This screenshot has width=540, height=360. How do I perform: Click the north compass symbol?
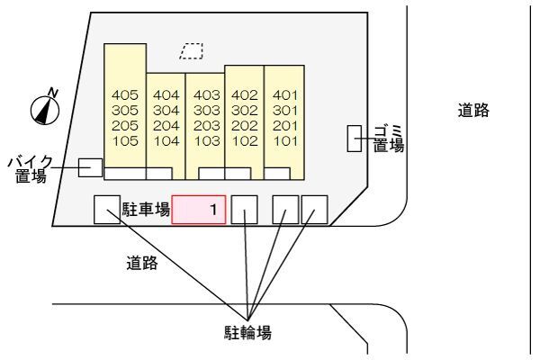[45, 108]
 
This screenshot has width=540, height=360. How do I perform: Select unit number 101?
[285, 140]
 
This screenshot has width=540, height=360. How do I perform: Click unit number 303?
[207, 110]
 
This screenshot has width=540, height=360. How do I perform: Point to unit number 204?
[166, 125]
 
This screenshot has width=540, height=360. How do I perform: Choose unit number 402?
[245, 94]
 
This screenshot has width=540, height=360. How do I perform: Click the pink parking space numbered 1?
[199, 211]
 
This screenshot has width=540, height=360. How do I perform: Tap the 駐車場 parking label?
[146, 211]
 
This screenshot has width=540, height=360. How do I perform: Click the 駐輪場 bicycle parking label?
[247, 332]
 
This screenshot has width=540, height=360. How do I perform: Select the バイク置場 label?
[31, 169]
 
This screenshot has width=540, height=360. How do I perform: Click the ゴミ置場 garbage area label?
[388, 139]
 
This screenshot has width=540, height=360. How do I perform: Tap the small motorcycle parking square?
[90, 167]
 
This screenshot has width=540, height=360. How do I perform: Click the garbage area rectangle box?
[355, 139]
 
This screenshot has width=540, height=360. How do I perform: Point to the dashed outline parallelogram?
[191, 51]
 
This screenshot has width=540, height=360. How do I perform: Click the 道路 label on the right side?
[472, 111]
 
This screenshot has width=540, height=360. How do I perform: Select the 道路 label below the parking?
[141, 263]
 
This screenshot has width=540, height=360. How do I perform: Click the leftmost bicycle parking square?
[107, 210]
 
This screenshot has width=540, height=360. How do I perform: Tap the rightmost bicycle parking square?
[314, 210]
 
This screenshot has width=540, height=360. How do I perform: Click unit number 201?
[285, 125]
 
